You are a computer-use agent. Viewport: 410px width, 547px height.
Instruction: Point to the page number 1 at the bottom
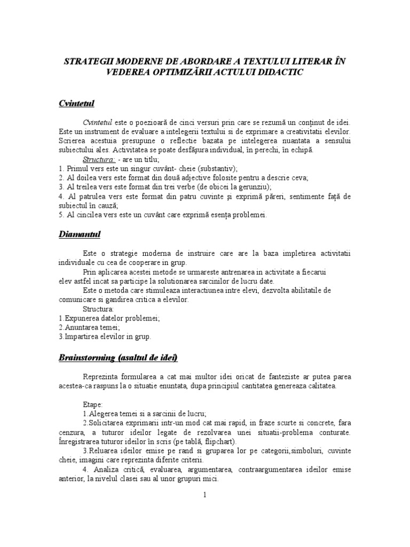click(x=204, y=495)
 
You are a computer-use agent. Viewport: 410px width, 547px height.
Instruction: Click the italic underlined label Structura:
click(x=99, y=159)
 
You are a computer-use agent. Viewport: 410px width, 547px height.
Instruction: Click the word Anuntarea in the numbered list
click(x=80, y=327)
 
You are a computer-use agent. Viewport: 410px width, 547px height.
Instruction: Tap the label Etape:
click(x=94, y=404)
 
